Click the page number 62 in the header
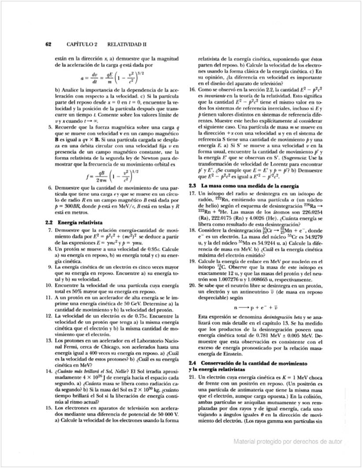tap(48, 45)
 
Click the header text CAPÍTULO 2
tap(81, 45)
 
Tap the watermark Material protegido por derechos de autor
tap(288, 441)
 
